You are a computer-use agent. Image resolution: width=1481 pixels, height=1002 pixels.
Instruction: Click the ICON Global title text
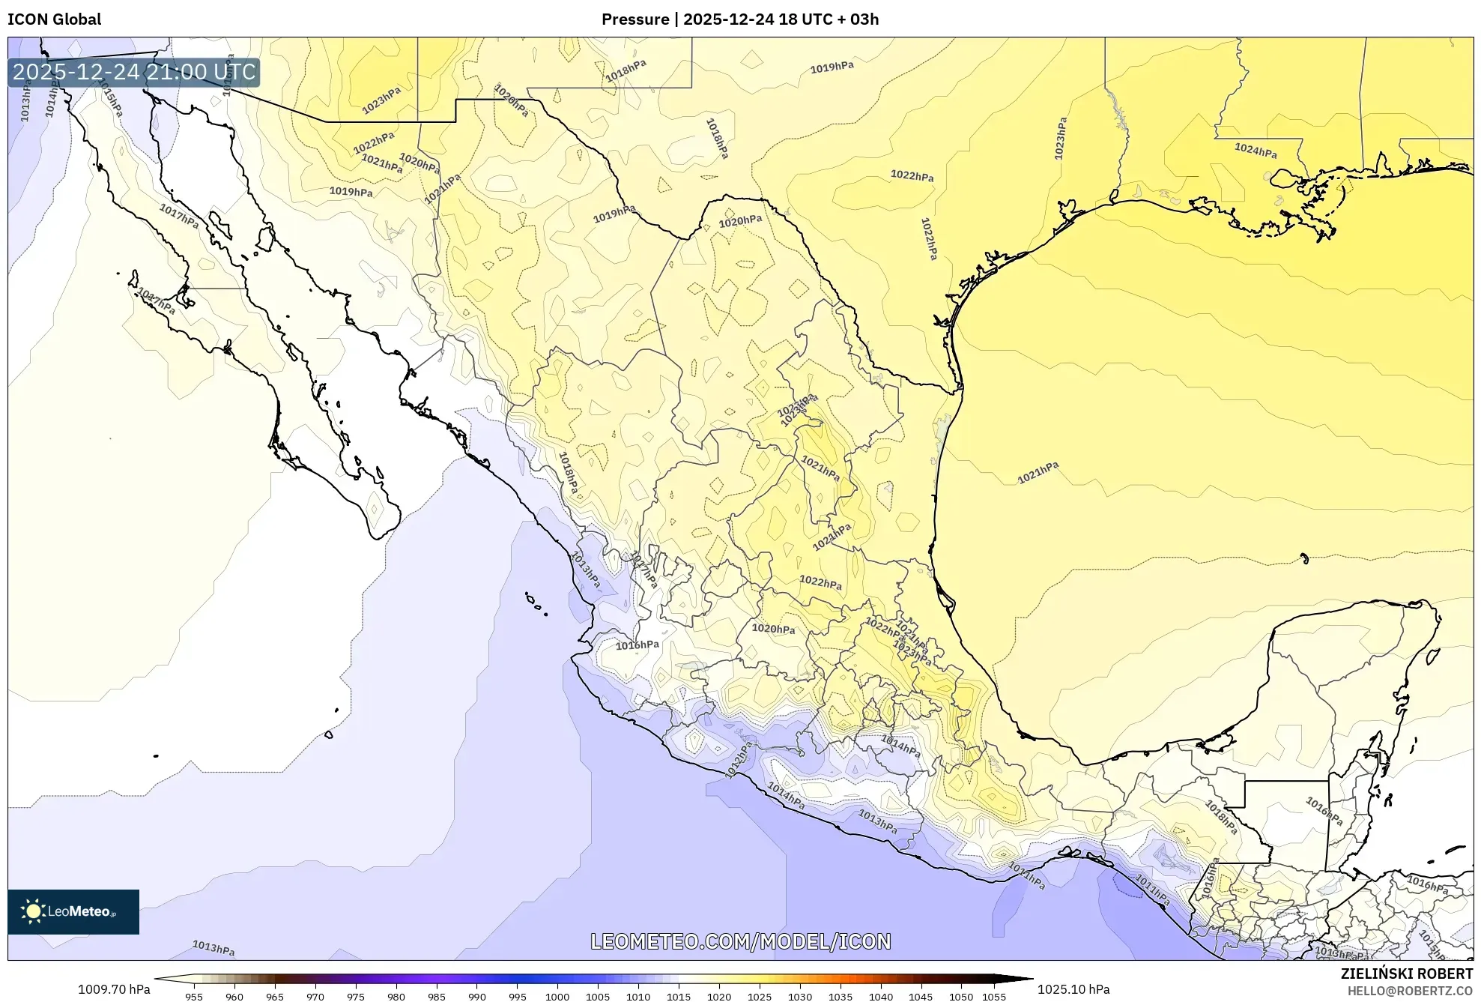point(54,19)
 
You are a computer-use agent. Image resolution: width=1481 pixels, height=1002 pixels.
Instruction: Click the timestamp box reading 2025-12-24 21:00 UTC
point(134,73)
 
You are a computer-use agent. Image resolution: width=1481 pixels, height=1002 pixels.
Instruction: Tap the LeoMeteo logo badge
point(73,911)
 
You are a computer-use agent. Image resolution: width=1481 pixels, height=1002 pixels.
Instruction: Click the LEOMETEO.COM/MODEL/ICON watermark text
point(740,941)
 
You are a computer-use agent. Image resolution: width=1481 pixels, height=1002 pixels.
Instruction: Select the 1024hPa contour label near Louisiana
point(1256,151)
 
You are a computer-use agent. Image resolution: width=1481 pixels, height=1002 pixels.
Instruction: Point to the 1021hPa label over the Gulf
point(1038,473)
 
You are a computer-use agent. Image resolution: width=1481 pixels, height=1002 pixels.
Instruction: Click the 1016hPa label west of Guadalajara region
point(637,645)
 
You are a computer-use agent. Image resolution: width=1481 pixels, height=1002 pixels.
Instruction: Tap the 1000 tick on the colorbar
point(557,997)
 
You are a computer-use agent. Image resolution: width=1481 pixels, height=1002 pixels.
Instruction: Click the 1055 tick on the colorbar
point(994,997)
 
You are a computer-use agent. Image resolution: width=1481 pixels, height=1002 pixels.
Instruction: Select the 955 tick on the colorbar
point(194,997)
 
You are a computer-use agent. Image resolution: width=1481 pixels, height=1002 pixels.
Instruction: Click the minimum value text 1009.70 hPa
point(114,989)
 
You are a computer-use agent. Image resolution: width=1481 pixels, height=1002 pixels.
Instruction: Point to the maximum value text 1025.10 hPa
point(1073,989)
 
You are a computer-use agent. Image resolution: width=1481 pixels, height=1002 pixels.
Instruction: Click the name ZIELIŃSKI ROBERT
point(1406,974)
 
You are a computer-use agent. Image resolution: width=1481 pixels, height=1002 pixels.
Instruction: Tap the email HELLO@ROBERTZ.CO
point(1410,991)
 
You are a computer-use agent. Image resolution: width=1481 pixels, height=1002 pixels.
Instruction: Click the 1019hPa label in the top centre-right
point(832,67)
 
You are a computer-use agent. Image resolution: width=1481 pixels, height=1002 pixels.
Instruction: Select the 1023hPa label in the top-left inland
point(381,100)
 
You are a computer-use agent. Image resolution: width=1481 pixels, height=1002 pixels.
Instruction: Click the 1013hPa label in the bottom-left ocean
point(213,948)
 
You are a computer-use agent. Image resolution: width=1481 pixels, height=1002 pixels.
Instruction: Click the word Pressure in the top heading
point(635,19)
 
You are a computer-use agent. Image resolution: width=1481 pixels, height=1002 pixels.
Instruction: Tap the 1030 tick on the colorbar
point(799,997)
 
